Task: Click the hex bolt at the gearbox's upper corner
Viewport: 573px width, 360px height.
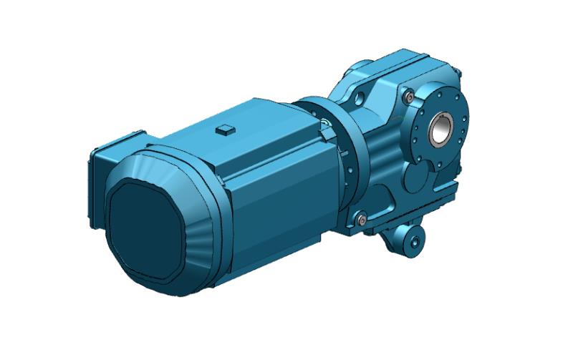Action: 408,96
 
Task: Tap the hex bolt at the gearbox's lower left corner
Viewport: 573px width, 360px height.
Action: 360,216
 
